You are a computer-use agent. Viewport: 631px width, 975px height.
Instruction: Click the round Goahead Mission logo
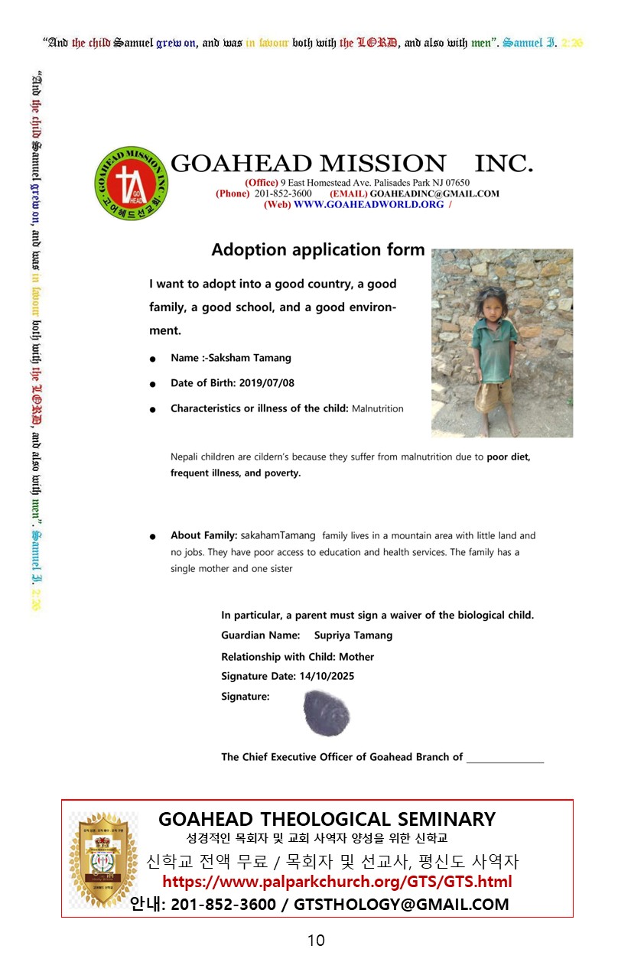click(131, 183)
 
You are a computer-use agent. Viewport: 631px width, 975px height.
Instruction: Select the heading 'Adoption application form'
click(317, 250)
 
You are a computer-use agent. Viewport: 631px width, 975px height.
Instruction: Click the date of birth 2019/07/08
click(267, 383)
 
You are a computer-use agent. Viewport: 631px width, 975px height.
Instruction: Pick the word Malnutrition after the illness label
click(377, 409)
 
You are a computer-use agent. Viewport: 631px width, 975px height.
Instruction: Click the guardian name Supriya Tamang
click(353, 635)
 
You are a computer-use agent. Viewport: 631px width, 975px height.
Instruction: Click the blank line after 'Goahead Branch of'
click(505, 759)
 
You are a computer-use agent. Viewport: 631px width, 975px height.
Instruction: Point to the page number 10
click(316, 941)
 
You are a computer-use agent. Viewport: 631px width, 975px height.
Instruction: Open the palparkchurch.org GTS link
click(337, 882)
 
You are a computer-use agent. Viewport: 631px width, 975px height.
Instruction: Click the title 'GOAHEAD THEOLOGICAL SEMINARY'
click(327, 819)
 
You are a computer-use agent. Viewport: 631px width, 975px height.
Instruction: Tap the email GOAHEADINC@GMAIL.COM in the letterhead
click(434, 193)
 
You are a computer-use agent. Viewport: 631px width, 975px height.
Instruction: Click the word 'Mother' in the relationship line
click(356, 657)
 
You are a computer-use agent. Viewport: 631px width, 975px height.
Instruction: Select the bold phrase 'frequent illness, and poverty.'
click(236, 473)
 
